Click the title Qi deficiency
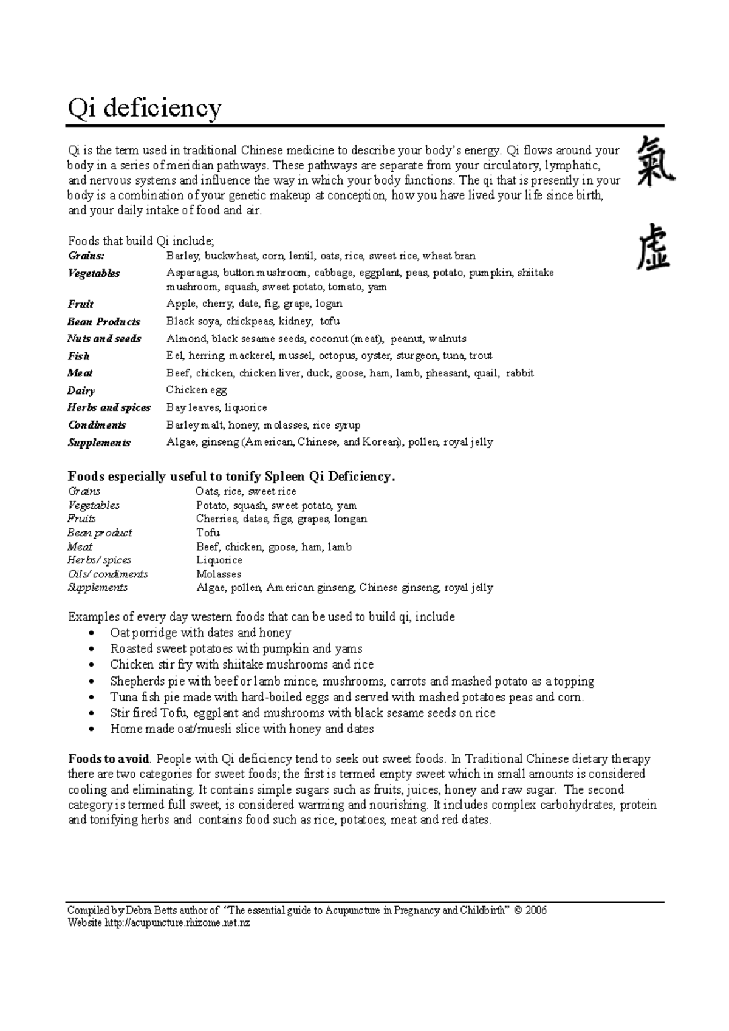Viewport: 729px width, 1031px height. [x=145, y=109]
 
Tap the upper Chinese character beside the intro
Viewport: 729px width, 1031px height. [x=655, y=160]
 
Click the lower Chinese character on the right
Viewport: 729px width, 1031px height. [x=654, y=246]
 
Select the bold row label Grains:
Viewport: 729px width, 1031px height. [x=86, y=256]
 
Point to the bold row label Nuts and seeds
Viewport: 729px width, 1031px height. [x=104, y=339]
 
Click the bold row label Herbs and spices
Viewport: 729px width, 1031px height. [x=109, y=407]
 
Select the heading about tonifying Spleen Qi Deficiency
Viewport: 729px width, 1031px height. [x=231, y=477]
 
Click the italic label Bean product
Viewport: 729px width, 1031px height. [x=100, y=533]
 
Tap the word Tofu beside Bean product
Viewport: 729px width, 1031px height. [x=208, y=533]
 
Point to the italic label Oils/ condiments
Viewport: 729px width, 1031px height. [x=108, y=574]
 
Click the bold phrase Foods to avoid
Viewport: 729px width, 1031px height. [x=109, y=759]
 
